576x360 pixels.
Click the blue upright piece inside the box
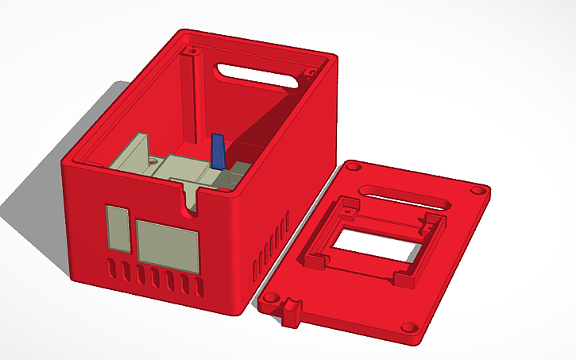(217, 151)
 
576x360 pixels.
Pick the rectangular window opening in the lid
(373, 246)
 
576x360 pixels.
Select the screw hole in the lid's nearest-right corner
(411, 327)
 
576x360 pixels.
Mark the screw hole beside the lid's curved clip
(272, 301)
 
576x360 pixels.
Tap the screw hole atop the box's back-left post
(189, 52)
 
